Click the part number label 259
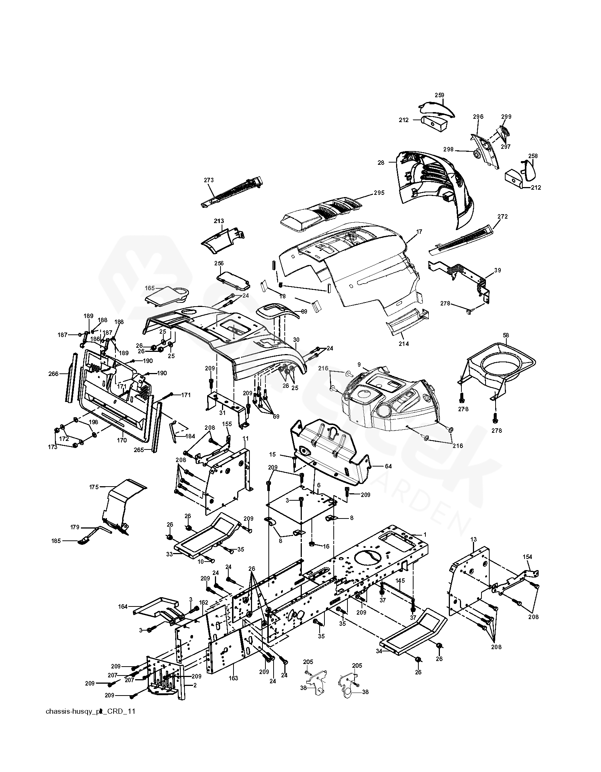[x=440, y=95]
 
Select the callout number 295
[x=379, y=193]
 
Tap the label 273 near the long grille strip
[x=209, y=180]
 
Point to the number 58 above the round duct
[x=506, y=335]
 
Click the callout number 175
[x=94, y=487]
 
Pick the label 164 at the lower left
[x=123, y=606]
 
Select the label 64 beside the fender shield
[x=388, y=467]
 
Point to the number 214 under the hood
[x=404, y=344]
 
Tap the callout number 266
[x=53, y=374]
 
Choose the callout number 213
[x=219, y=221]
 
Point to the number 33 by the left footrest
[x=169, y=554]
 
